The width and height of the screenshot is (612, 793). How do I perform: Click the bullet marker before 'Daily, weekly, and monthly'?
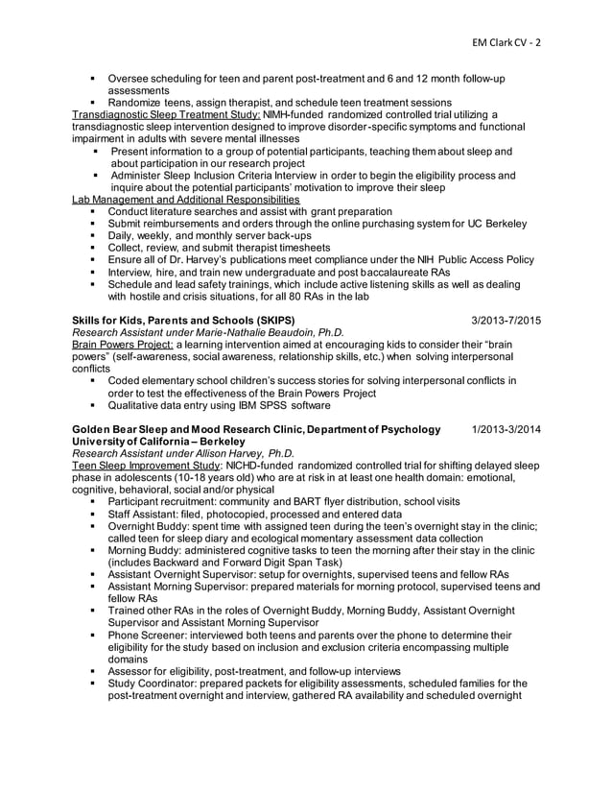click(93, 235)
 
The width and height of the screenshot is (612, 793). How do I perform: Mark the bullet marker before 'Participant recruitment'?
click(93, 501)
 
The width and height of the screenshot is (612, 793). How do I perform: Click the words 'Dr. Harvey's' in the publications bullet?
click(198, 259)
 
